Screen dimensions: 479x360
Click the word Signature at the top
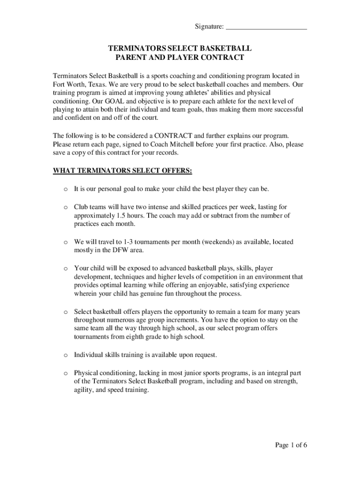click(209, 27)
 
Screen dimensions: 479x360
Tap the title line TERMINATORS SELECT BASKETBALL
click(180, 49)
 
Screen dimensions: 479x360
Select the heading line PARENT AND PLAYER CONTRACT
click(180, 58)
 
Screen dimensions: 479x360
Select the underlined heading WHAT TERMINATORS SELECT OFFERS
click(122, 171)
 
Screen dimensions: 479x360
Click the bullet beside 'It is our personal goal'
click(66, 189)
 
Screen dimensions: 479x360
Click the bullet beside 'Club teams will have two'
click(66, 207)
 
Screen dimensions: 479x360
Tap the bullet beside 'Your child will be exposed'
click(66, 269)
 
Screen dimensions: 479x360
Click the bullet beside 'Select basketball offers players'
click(66, 312)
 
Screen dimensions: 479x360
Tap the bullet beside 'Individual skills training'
click(66, 355)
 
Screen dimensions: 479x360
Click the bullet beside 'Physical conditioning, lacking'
click(66, 373)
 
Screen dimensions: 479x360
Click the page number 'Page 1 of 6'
click(291, 445)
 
